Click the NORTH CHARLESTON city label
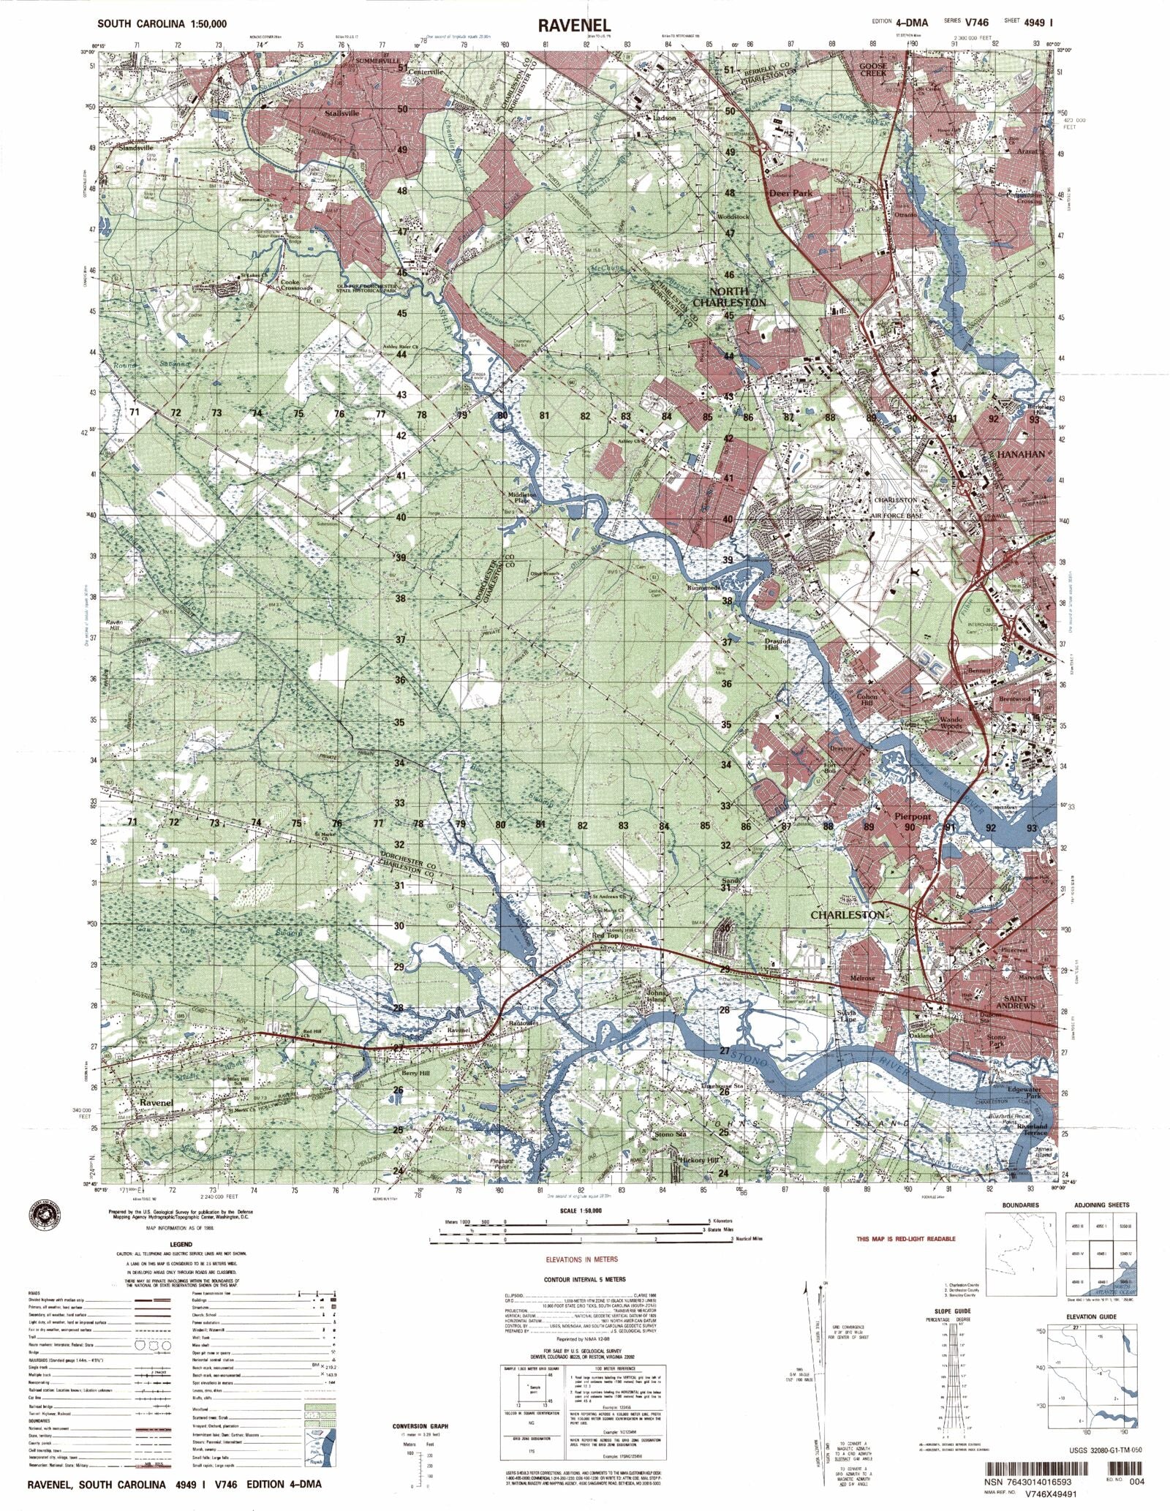(x=729, y=297)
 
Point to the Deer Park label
(x=790, y=194)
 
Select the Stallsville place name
(x=341, y=114)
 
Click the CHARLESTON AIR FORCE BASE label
(x=896, y=508)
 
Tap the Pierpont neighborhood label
(x=913, y=815)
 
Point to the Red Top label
(x=605, y=935)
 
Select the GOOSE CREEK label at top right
(x=872, y=69)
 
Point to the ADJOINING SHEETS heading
(x=1101, y=1205)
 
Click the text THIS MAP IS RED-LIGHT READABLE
(x=906, y=1239)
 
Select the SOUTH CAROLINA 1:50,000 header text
(x=162, y=24)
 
